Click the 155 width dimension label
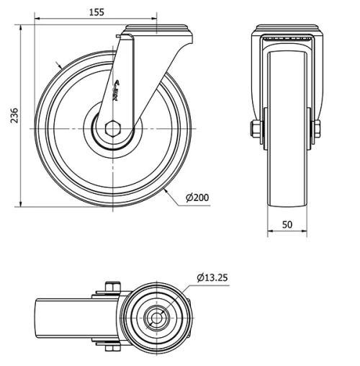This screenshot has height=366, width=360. (x=96, y=12)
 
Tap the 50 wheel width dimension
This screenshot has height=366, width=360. (x=287, y=225)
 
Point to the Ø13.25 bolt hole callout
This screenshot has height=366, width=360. (x=212, y=277)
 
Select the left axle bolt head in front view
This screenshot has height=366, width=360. (x=255, y=130)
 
